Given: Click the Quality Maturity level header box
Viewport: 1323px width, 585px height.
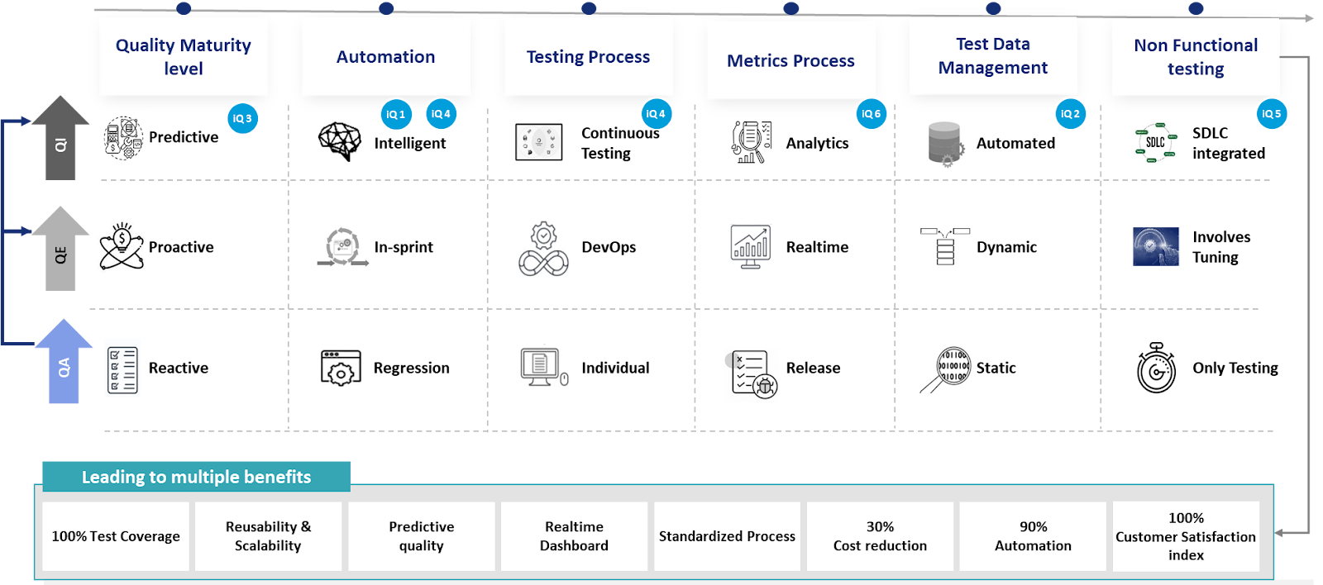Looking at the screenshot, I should click(183, 57).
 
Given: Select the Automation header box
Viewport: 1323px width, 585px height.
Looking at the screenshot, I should click(385, 57).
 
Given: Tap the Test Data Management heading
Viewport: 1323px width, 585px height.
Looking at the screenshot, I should click(992, 56).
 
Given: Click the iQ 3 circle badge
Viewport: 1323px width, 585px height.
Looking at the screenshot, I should click(242, 118).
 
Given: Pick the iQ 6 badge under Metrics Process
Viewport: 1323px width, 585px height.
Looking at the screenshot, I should click(871, 114).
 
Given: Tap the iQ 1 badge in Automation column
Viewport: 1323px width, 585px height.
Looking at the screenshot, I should click(396, 114).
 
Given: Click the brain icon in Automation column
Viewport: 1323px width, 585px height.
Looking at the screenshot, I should click(341, 140).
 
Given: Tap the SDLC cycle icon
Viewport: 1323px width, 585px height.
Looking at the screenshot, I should click(1155, 143).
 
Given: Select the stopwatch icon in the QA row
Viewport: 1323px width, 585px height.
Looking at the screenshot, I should click(1156, 369).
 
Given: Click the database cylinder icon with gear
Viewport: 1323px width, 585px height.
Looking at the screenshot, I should click(945, 145).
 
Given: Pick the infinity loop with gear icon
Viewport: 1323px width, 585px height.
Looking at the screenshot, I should click(542, 247).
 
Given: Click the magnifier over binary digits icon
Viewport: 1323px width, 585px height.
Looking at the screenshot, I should click(946, 368).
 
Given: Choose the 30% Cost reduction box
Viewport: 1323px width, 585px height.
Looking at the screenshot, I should click(880, 536).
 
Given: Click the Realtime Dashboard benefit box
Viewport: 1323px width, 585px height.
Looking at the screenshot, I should click(574, 536).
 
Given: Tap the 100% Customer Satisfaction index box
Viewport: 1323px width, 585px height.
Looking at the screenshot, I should click(1185, 536).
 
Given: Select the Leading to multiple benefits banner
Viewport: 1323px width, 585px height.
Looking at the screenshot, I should click(196, 477).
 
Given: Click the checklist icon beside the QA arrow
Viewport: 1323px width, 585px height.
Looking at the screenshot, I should click(122, 368).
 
